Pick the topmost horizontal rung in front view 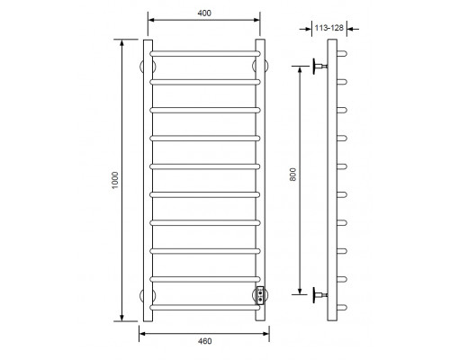click(x=204, y=53)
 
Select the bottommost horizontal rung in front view click(x=204, y=307)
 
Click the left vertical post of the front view click(x=148, y=180)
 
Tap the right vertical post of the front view click(x=261, y=180)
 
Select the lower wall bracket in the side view click(x=319, y=292)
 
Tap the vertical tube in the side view click(x=333, y=180)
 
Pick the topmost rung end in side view click(x=342, y=53)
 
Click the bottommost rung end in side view click(x=342, y=307)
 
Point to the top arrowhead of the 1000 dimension click(x=121, y=41)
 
